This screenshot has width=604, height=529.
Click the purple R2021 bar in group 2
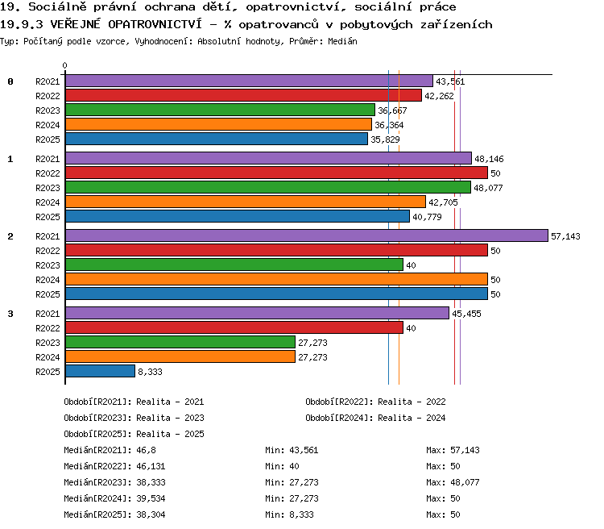[307, 235]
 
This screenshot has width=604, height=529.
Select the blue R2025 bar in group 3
[100, 371]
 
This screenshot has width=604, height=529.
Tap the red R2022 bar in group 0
[243, 95]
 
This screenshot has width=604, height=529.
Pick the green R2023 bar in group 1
[268, 187]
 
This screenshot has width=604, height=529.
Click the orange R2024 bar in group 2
[276, 279]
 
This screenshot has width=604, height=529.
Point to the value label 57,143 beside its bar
[565, 236]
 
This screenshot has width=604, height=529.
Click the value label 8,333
[151, 372]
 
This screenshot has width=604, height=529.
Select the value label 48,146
[489, 159]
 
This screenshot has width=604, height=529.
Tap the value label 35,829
[385, 140]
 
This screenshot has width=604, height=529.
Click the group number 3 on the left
[10, 314]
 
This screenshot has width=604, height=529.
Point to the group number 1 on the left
[10, 159]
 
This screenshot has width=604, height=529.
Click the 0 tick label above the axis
[64, 65]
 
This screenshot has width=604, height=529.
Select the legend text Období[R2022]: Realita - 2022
[375, 402]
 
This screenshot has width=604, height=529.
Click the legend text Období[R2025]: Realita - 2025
[134, 434]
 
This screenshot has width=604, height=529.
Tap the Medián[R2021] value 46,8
[146, 450]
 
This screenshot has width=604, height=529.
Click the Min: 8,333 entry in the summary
[289, 514]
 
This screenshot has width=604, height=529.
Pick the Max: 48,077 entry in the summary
[453, 482]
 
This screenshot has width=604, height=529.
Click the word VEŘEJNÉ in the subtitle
[75, 24]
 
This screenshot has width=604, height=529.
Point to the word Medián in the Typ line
[342, 41]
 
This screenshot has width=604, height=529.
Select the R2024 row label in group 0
[48, 125]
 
